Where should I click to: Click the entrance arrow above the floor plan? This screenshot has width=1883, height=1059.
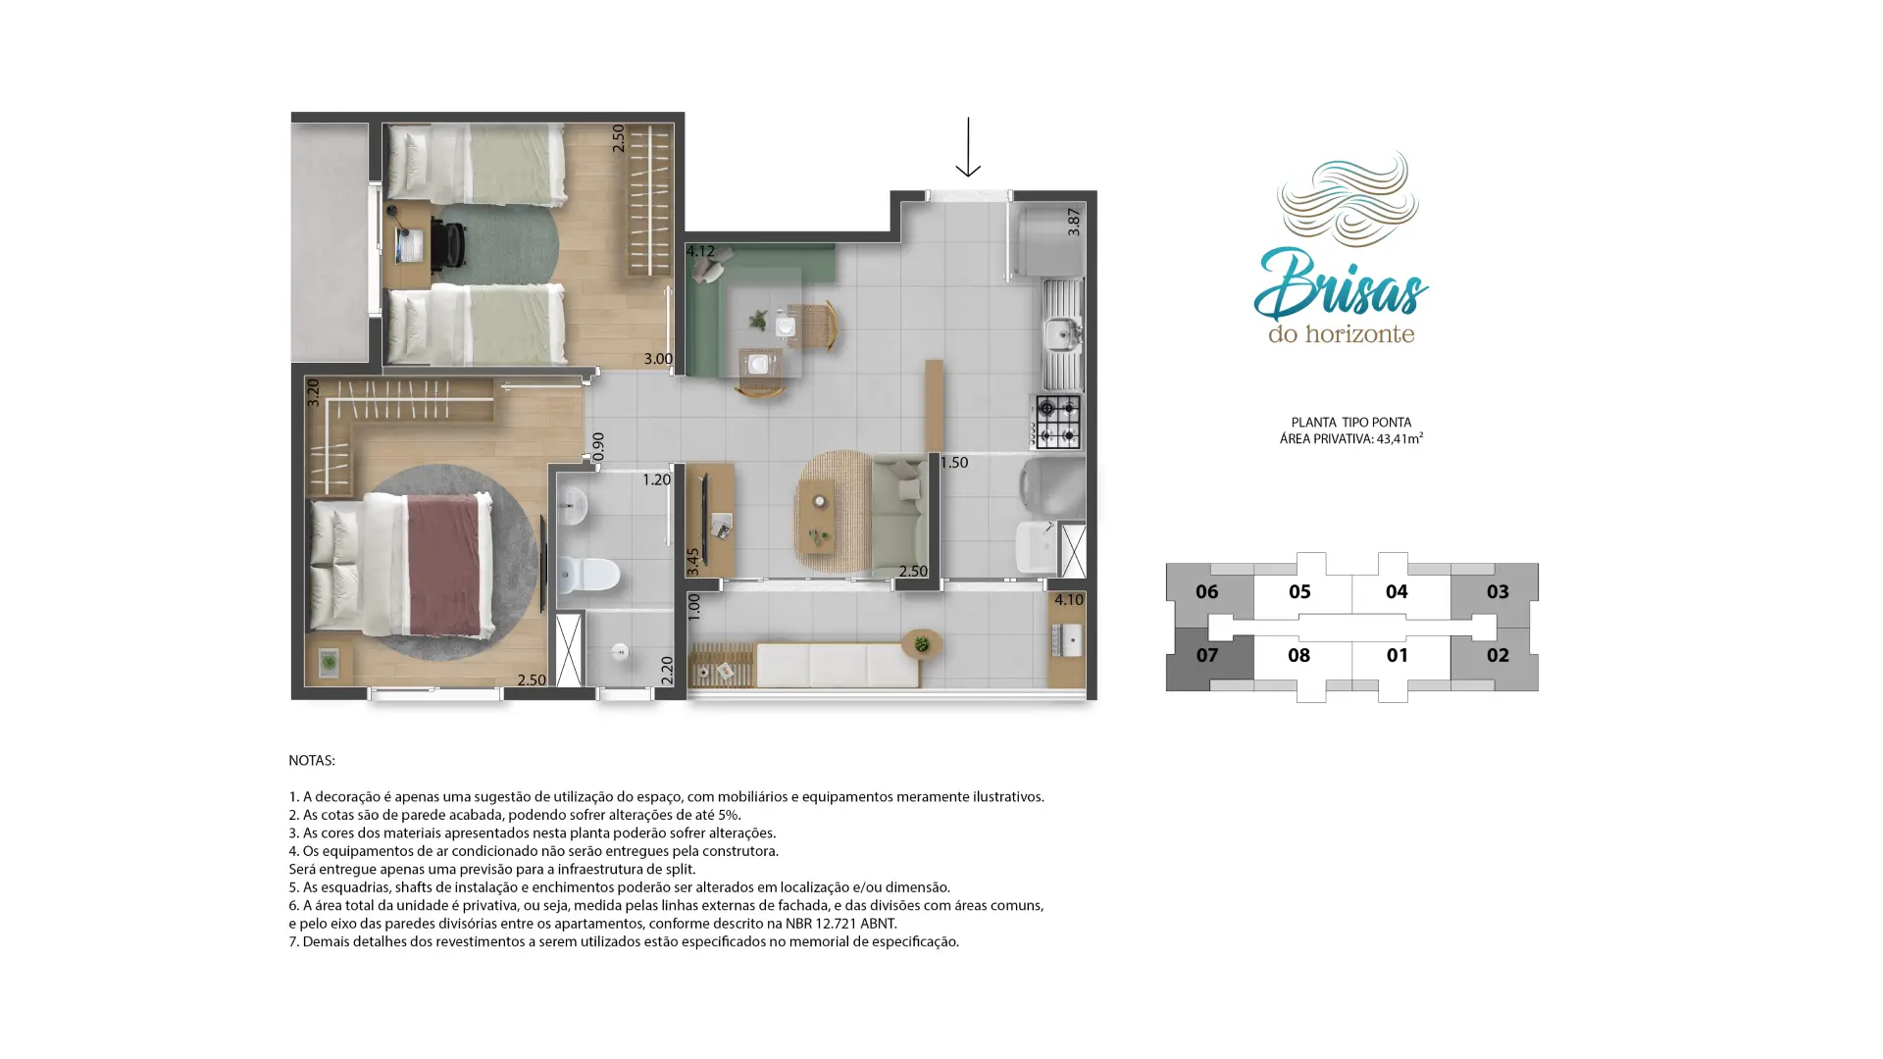click(968, 147)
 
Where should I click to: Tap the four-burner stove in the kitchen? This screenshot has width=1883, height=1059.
click(1057, 422)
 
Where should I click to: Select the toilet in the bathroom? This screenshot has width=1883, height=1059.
click(588, 575)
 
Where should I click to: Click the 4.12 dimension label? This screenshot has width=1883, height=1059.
click(700, 252)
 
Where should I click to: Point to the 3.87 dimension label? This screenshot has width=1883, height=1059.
click(1074, 222)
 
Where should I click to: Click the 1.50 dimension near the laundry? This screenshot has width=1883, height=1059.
click(954, 463)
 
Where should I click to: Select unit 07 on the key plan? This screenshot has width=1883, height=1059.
click(1207, 655)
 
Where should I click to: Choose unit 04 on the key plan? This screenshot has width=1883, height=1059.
click(1397, 591)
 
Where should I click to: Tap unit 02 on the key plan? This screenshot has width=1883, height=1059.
click(1498, 655)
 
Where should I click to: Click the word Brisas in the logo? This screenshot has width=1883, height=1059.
click(1342, 285)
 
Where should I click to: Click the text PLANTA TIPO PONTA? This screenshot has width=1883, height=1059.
click(1351, 423)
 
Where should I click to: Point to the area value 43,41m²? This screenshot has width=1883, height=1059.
click(1400, 438)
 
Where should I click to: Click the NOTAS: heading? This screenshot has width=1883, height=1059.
click(312, 760)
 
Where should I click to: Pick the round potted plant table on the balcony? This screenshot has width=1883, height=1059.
click(922, 644)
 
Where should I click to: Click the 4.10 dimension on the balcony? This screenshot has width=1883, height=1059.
click(1069, 600)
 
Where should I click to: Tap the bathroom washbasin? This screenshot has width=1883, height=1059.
click(572, 507)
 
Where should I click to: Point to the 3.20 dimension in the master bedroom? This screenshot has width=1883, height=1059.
click(313, 393)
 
